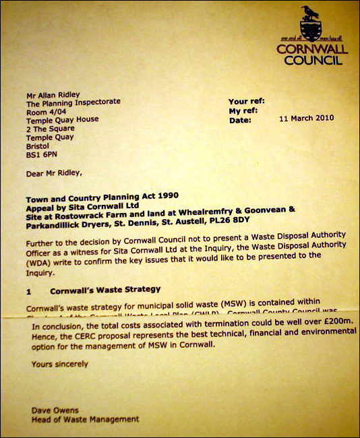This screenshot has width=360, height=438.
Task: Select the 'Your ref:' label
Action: pos(245,100)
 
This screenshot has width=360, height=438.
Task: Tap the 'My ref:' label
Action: pos(243,110)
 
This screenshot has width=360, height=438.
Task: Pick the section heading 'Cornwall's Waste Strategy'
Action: pos(105,289)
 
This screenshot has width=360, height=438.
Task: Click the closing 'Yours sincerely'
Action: pos(59,364)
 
